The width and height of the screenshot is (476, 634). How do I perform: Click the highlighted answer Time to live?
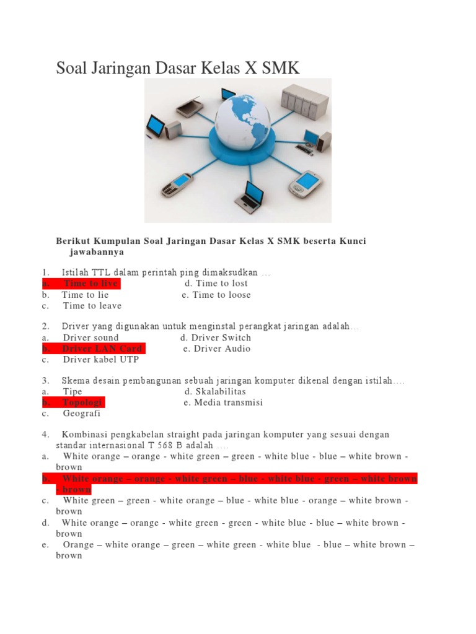[x=90, y=284]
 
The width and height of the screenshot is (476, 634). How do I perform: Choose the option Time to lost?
[x=221, y=284]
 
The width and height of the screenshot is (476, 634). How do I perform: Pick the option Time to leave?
[x=92, y=306]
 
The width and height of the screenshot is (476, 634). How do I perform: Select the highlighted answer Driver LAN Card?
[x=102, y=349]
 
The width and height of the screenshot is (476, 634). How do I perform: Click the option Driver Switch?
[x=221, y=337]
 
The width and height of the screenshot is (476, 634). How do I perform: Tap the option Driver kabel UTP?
[x=100, y=360]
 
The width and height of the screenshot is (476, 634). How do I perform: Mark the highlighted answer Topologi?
[x=83, y=402]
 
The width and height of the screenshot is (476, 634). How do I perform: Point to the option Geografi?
[x=82, y=414]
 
